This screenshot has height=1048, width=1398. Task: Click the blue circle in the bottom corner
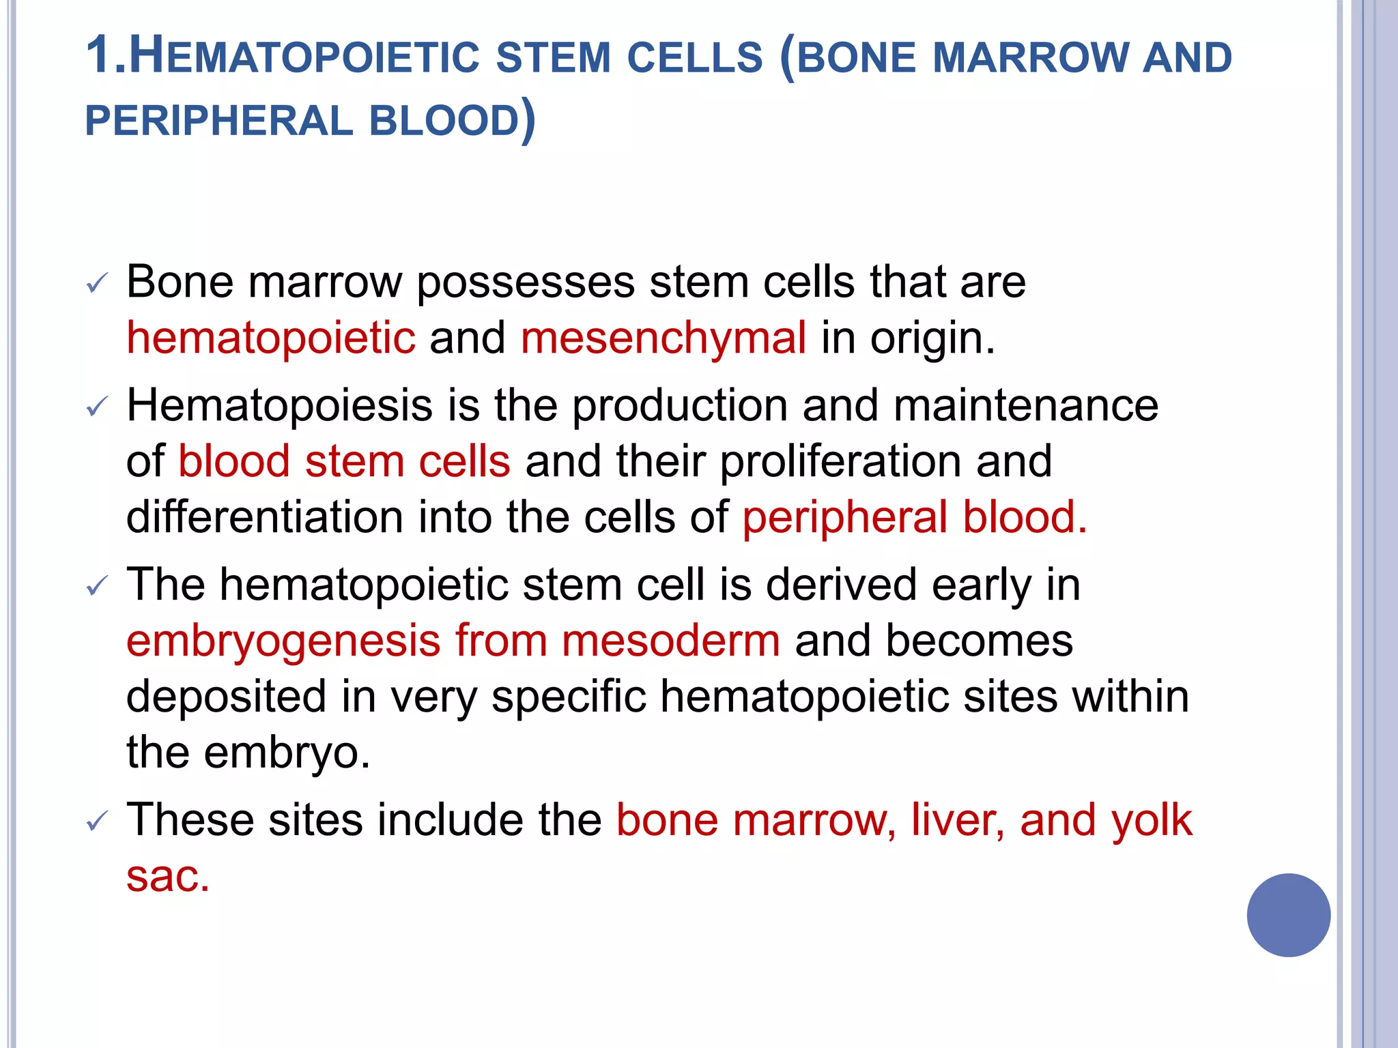pyautogui.click(x=1288, y=915)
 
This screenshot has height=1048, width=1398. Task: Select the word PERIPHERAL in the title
pyautogui.click(x=218, y=121)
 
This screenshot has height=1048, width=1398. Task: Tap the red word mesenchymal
pyautogui.click(x=664, y=338)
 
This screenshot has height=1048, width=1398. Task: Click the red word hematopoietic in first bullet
pyautogui.click(x=271, y=338)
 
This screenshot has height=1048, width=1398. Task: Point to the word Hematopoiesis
pyautogui.click(x=280, y=405)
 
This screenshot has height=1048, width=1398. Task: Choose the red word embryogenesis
pyautogui.click(x=283, y=641)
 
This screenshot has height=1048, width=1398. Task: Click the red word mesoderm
pyautogui.click(x=671, y=641)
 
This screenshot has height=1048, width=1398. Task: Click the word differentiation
pyautogui.click(x=265, y=517)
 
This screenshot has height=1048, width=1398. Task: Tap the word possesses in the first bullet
pyautogui.click(x=526, y=282)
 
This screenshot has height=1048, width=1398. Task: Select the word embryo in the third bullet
pyautogui.click(x=287, y=753)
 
